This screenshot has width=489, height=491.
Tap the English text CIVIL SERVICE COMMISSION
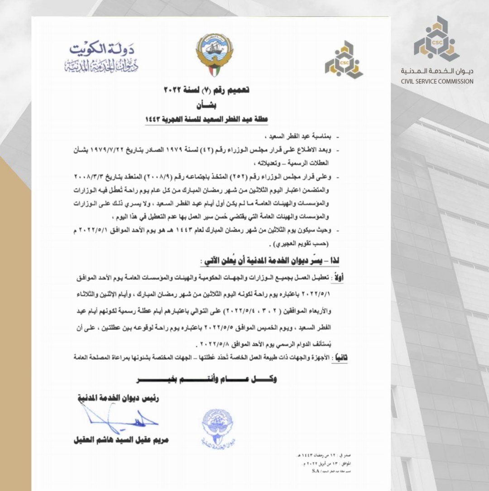pyautogui.click(x=437, y=81)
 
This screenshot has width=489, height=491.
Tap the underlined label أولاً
pyautogui.click(x=337, y=277)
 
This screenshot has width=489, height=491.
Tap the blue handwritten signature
pyautogui.click(x=120, y=419)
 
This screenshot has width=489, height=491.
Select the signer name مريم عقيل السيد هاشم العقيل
pyautogui.click(x=121, y=439)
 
